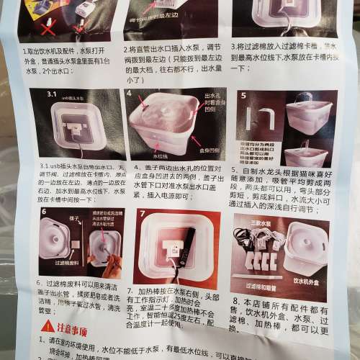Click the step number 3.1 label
click(52, 94)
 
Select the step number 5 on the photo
click(244, 94)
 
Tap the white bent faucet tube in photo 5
click(260, 114)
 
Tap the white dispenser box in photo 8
click(306, 245)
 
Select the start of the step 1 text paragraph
click(25, 52)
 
